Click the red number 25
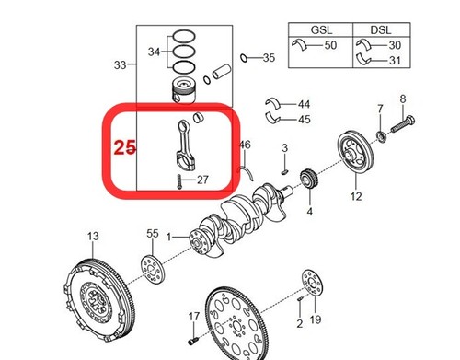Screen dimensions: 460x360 click(125, 147)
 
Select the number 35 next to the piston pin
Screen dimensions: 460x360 click(268, 58)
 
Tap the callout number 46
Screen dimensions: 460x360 click(244, 145)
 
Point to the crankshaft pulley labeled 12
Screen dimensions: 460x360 click(355, 153)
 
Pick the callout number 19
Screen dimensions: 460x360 click(315, 320)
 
